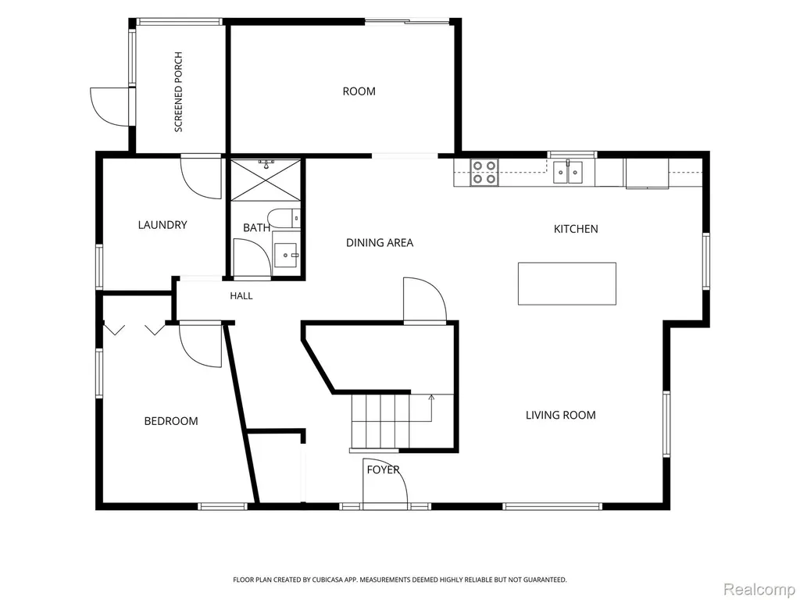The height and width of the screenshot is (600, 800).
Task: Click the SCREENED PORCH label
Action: pyautogui.click(x=179, y=92)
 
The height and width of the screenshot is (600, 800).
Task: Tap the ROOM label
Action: pyautogui.click(x=359, y=91)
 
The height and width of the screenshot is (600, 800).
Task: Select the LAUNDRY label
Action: pyautogui.click(x=162, y=225)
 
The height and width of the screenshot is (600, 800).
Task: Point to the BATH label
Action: pyautogui.click(x=256, y=227)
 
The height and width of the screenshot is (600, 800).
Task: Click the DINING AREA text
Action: pyautogui.click(x=380, y=243)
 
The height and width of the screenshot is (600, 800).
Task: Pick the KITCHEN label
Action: pyautogui.click(x=576, y=229)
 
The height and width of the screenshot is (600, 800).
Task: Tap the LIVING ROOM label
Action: pyautogui.click(x=561, y=416)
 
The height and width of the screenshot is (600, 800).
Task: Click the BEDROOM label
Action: pyautogui.click(x=171, y=421)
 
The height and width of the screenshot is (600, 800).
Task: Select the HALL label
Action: pyautogui.click(x=241, y=296)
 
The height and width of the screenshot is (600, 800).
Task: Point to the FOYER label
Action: pyautogui.click(x=383, y=470)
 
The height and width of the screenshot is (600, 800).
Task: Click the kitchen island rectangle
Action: pyautogui.click(x=567, y=284)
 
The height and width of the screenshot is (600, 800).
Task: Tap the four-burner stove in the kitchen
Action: pyautogui.click(x=484, y=173)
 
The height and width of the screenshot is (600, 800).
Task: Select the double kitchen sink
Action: pyautogui.click(x=568, y=172)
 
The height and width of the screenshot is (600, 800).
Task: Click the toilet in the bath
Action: pyautogui.click(x=284, y=219)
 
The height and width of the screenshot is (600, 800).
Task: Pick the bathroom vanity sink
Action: pyautogui.click(x=286, y=255)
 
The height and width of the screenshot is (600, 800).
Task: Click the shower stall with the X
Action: pyautogui.click(x=266, y=180)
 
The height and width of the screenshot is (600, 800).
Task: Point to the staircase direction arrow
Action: pyautogui.click(x=431, y=408)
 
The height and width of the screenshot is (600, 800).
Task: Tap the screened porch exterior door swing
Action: pyautogui.click(x=111, y=107)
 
